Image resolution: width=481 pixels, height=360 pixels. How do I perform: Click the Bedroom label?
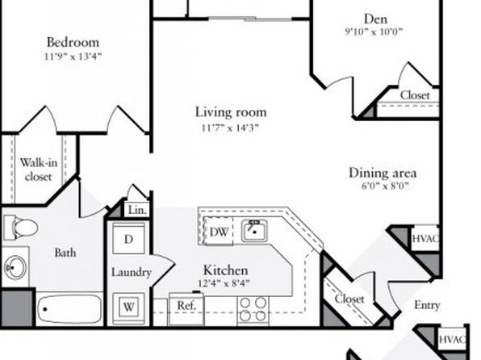click(73, 42)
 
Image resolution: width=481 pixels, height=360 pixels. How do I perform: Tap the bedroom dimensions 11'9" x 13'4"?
click(73, 57)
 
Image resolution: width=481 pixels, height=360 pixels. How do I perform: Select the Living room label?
click(231, 112)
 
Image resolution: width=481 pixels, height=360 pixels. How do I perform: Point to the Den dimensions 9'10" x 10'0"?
click(374, 31)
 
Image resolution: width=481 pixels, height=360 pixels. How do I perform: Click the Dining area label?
click(383, 173)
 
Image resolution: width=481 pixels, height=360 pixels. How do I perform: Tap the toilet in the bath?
click(20, 228)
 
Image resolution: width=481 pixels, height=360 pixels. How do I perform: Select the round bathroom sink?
click(15, 267)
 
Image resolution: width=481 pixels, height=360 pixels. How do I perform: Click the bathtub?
click(69, 309)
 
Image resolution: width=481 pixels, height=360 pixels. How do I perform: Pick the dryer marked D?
click(129, 238)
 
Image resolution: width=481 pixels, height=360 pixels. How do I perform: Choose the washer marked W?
click(129, 308)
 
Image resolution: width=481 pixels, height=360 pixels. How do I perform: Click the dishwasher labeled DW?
click(219, 232)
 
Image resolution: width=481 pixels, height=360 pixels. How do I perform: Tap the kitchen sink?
click(254, 231)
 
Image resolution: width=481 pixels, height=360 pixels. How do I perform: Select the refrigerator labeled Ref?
click(186, 308)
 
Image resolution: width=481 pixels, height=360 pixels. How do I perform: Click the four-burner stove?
click(253, 311)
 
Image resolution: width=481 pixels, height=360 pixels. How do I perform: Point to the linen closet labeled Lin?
click(137, 210)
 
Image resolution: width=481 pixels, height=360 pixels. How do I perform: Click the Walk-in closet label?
click(39, 170)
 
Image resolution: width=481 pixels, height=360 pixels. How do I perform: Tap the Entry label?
click(427, 305)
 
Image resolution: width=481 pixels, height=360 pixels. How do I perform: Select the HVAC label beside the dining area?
click(426, 238)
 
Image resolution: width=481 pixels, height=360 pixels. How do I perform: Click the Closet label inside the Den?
click(415, 95)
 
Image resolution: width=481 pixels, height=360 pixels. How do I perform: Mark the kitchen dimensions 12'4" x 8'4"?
click(224, 283)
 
